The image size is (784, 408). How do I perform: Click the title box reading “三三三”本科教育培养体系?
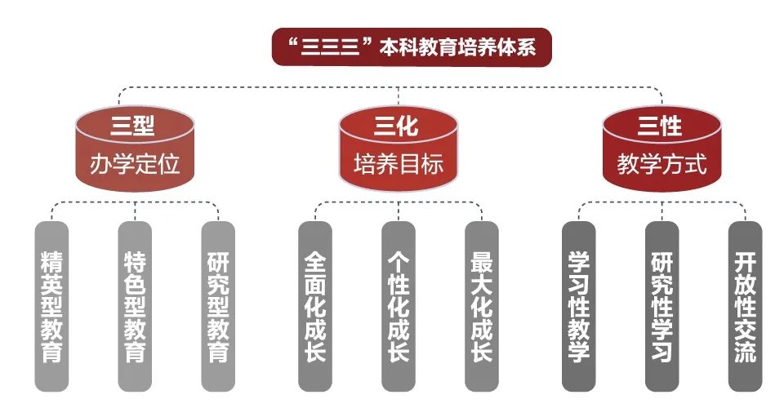pos(412,47)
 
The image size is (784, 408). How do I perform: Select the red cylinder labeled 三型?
pos(135,149)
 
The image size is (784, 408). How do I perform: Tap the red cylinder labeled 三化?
pos(399,149)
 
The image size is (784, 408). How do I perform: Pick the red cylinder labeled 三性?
pos(662,149)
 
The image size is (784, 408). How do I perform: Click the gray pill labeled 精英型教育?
pos(51,307)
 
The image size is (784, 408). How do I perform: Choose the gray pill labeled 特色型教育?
pos(135,307)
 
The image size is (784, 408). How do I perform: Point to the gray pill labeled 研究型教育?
pos(218,307)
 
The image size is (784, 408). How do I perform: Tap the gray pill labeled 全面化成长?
pos(315,307)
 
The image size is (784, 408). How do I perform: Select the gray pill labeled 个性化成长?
pos(399,307)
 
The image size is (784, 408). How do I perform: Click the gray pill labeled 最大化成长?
pos(482,307)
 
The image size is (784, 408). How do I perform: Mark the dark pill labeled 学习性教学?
pos(578,307)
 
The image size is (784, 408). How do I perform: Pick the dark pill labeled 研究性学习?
pos(662,307)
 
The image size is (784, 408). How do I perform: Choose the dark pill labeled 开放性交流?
pos(745,307)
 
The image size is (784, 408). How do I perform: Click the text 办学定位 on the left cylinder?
pos(135,164)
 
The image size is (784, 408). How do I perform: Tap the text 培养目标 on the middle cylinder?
pos(399,164)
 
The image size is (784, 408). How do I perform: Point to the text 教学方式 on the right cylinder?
pos(662,164)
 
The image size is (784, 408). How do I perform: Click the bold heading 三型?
pos(133,126)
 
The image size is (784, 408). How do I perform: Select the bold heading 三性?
pos(660,126)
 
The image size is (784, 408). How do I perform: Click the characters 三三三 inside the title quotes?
pos(331,47)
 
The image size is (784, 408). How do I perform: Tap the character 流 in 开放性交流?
pos(745,351)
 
